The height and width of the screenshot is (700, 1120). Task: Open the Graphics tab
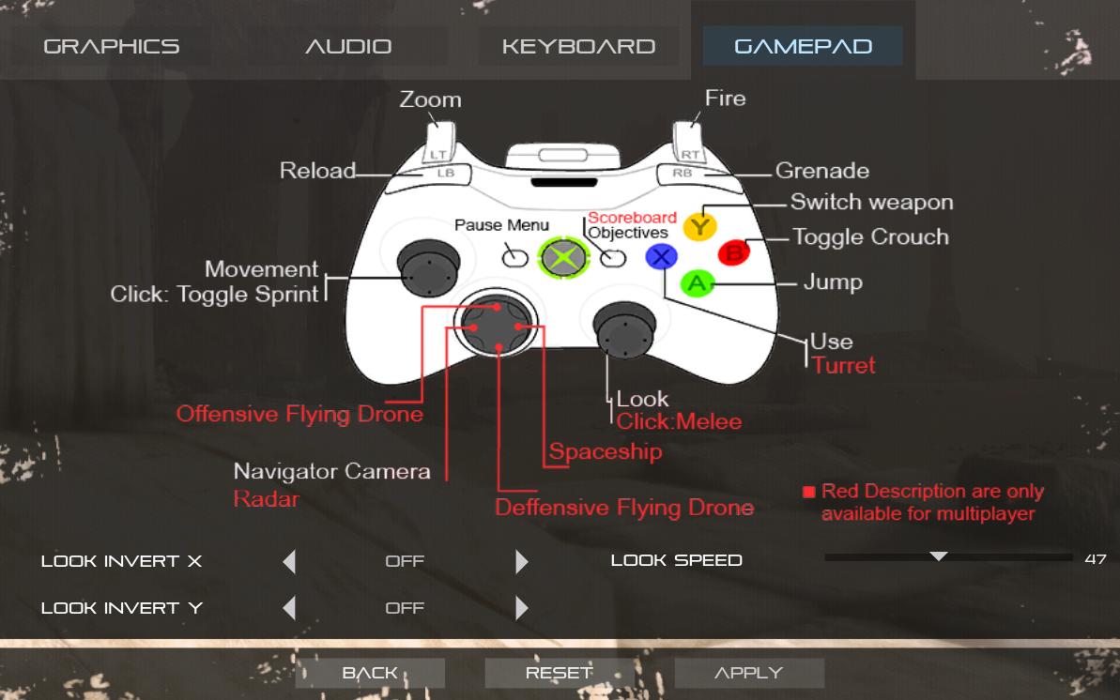(x=111, y=46)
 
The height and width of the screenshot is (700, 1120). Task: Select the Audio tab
(x=348, y=46)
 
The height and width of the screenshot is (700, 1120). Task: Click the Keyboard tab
(x=578, y=46)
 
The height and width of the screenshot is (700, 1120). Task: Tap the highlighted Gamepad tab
(x=803, y=46)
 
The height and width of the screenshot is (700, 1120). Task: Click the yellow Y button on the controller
(x=698, y=226)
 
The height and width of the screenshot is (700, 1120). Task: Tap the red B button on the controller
(x=733, y=252)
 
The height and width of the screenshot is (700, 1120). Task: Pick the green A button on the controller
(x=696, y=282)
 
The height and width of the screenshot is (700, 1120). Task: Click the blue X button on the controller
(x=662, y=256)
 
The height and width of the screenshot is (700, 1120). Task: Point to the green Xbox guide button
(x=560, y=256)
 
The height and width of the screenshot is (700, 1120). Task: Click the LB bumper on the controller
(x=446, y=173)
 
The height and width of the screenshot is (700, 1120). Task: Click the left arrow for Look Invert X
(x=289, y=561)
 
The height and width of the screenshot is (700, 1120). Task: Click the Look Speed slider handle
(x=938, y=556)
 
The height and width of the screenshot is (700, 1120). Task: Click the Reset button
(x=560, y=673)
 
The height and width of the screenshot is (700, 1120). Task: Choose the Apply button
(x=749, y=673)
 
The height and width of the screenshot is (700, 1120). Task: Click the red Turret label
(x=844, y=365)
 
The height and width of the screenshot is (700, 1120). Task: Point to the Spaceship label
(x=606, y=451)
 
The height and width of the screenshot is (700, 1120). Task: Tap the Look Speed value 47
(x=1095, y=559)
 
